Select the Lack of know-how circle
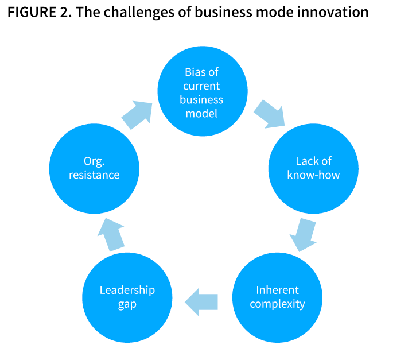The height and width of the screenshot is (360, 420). click(313, 168)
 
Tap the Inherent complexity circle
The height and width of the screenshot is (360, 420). click(277, 297)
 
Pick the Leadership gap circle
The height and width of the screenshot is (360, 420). click(127, 297)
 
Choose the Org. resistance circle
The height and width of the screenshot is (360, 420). click(94, 168)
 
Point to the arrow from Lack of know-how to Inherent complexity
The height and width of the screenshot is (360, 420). click(302, 234)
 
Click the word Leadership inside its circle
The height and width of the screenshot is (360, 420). click(127, 289)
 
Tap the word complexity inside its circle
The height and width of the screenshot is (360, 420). click(277, 304)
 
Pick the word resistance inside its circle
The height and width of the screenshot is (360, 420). click(94, 175)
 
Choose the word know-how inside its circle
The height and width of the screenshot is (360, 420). click(313, 175)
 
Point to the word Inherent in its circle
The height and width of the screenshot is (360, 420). click(277, 289)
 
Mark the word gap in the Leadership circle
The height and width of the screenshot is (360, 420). click(127, 304)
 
